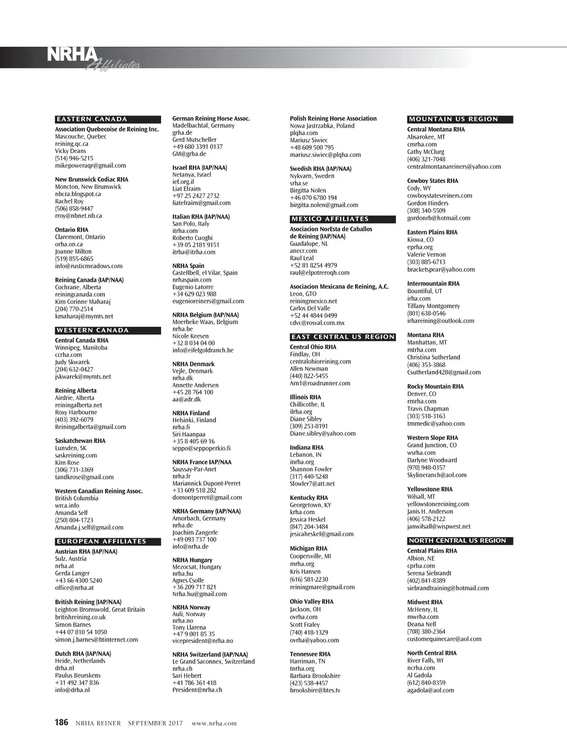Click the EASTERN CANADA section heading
click(92, 119)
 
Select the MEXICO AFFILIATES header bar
click(330, 219)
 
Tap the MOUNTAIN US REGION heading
click(454, 119)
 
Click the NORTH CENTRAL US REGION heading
click(457, 540)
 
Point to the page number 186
click(61, 722)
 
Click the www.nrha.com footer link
click(214, 723)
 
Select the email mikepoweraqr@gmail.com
click(90, 165)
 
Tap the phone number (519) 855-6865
click(74, 259)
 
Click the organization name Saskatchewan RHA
click(80, 441)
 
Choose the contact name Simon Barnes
click(73, 625)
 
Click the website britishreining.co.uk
click(80, 617)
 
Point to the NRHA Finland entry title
click(191, 413)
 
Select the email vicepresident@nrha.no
click(203, 641)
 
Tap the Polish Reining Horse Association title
click(333, 118)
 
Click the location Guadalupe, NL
click(309, 244)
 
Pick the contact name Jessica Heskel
click(308, 519)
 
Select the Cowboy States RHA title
click(433, 181)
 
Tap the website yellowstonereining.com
click(438, 504)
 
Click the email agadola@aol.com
click(430, 690)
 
